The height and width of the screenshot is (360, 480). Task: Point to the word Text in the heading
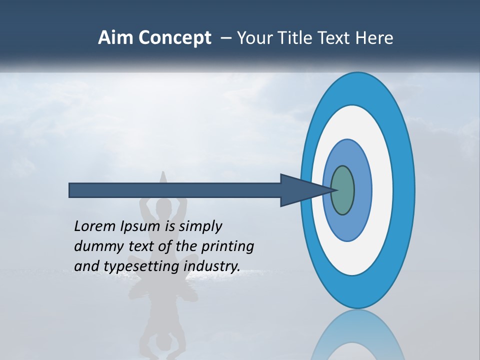(335, 38)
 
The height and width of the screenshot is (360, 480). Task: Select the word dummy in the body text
(95, 246)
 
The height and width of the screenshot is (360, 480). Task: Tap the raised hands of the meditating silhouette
(162, 180)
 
